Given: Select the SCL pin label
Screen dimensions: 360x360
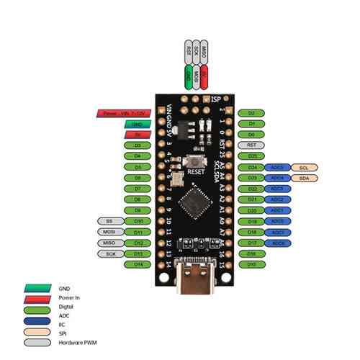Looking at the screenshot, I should pyautogui.click(x=303, y=167).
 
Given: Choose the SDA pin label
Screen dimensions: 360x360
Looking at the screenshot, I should pyautogui.click(x=303, y=178).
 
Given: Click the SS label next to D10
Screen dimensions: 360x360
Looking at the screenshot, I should pyautogui.click(x=110, y=221).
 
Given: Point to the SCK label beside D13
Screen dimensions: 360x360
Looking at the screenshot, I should pyautogui.click(x=110, y=254).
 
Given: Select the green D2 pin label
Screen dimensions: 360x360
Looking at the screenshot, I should pyautogui.click(x=251, y=113).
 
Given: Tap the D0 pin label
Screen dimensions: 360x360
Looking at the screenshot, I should pyautogui.click(x=251, y=135).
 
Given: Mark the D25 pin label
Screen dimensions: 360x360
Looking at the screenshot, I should pyautogui.click(x=251, y=156).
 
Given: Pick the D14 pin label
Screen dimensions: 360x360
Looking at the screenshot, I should pyautogui.click(x=137, y=265).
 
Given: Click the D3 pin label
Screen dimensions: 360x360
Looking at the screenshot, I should pyautogui.click(x=137, y=145).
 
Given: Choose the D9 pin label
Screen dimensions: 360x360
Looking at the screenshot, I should pyautogui.click(x=137, y=210).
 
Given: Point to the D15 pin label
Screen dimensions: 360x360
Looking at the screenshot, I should pyautogui.click(x=251, y=265).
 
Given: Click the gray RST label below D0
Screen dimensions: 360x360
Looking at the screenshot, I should pyautogui.click(x=251, y=145).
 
